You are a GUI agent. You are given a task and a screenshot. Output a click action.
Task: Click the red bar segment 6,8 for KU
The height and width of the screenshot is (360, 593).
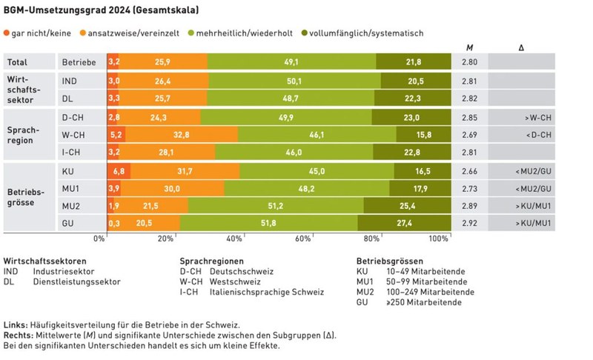click(x=119, y=171)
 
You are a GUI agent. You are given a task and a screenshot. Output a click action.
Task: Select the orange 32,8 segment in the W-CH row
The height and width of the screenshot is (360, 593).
click(x=182, y=134)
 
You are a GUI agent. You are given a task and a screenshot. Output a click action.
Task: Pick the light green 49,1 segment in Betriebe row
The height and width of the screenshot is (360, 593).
click(x=291, y=61)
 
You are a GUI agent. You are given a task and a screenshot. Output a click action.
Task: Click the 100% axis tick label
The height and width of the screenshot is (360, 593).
click(x=438, y=239)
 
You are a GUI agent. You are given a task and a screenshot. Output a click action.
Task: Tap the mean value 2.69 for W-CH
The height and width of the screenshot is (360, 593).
click(x=470, y=134)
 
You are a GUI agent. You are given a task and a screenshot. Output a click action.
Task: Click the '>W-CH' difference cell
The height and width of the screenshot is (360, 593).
click(x=536, y=117)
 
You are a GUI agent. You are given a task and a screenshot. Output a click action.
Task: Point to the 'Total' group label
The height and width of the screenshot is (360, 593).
click(x=18, y=62)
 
